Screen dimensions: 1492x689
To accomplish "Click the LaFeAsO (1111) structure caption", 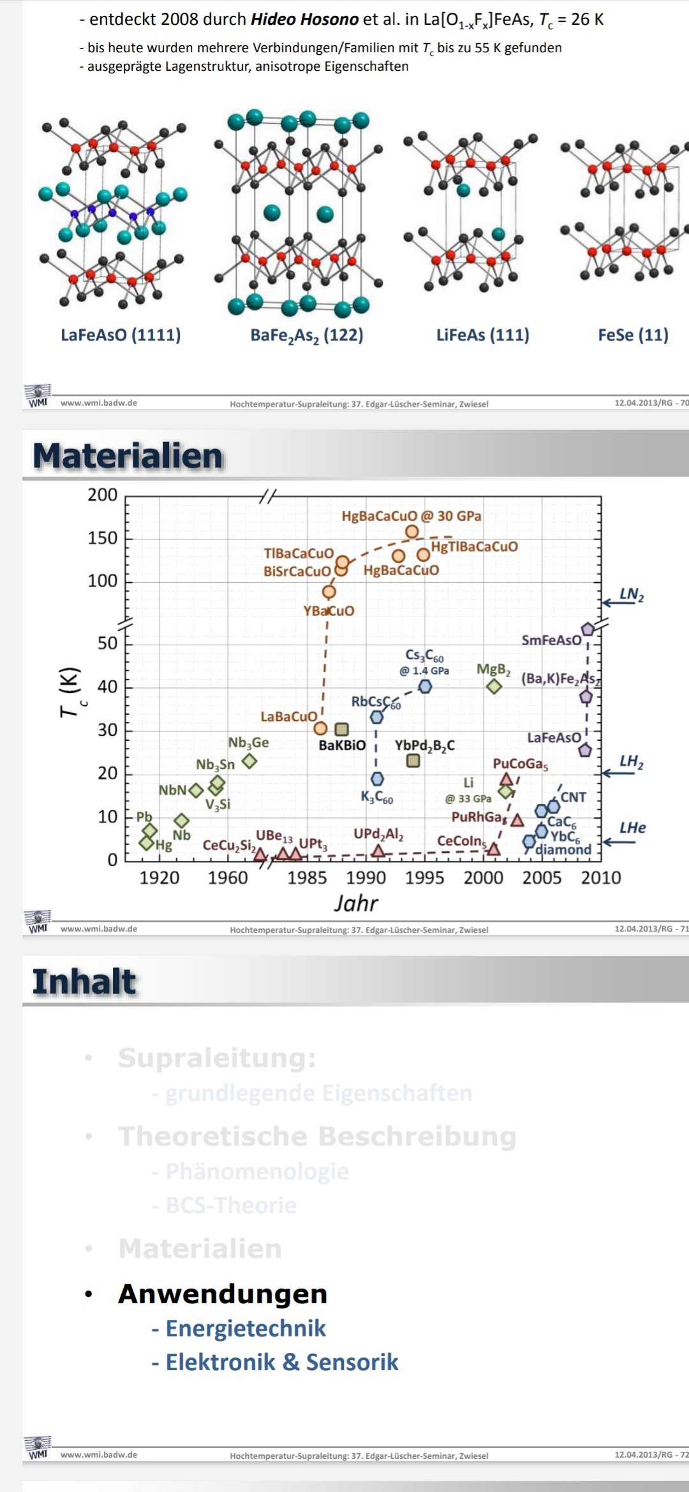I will [121, 335].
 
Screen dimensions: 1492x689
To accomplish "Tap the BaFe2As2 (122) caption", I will [306, 335].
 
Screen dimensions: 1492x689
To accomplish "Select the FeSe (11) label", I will [633, 335].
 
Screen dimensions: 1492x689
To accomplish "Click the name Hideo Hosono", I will [304, 19].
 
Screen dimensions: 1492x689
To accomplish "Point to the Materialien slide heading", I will [128, 456].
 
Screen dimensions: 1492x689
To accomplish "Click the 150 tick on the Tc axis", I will [103, 538].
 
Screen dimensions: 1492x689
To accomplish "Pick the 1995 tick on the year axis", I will [424, 878].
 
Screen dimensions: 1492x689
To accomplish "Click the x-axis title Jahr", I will [356, 903].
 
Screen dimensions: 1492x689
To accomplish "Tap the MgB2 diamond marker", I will [494, 686].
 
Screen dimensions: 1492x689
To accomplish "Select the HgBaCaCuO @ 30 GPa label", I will [411, 516].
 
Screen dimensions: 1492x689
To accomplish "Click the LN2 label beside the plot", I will [632, 595].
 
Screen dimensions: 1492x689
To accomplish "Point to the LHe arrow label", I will [632, 828].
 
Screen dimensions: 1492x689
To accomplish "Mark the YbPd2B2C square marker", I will [413, 760].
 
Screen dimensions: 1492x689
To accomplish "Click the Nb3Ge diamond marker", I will [249, 761].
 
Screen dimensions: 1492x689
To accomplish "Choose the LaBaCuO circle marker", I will [321, 728].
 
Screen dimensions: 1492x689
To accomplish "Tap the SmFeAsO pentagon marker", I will [588, 629].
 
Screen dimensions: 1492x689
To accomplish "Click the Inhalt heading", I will [84, 982].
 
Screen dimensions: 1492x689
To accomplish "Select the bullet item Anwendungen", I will [223, 1294].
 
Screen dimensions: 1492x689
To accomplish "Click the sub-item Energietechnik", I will [246, 1328].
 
